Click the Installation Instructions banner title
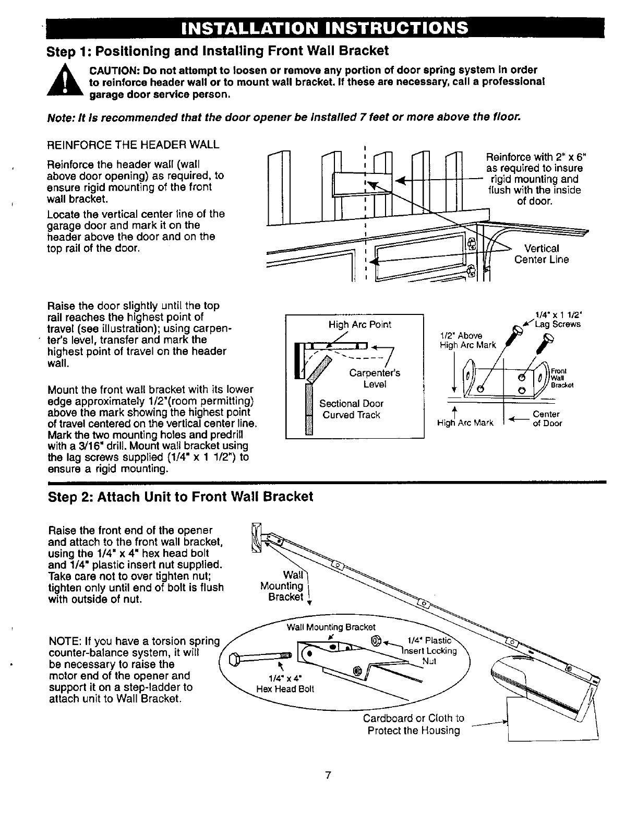[322, 27]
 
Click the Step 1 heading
[218, 51]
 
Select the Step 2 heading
[180, 496]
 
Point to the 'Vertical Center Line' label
[541, 254]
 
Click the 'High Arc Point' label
[359, 324]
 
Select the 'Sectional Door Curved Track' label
[351, 409]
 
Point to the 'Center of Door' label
[547, 419]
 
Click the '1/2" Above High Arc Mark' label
[467, 340]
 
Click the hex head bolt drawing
[258, 657]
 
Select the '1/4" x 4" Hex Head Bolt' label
[286, 684]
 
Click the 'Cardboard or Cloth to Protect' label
[413, 724]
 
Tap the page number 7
[328, 775]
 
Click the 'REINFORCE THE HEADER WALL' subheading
[133, 144]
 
